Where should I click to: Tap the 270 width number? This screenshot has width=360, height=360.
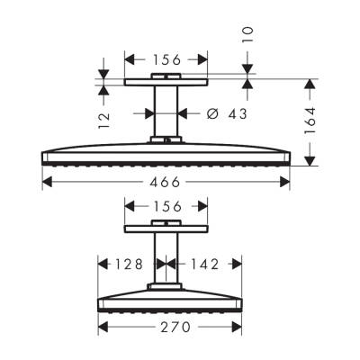168,327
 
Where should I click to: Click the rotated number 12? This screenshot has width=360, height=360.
104,116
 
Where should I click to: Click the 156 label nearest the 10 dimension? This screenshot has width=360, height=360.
166,59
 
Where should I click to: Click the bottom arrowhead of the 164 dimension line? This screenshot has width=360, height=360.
310,163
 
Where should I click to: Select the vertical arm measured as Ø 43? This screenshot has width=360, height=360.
166,112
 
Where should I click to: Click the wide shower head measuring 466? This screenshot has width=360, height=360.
166,154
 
